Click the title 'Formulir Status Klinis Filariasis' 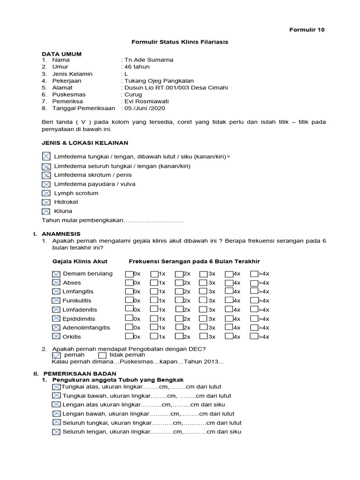pos(180,42)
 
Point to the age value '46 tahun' pos(136,67)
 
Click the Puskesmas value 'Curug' pos(133,94)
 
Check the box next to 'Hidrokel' pos(46,202)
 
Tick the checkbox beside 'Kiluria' pos(46,211)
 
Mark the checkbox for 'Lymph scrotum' pos(46,193)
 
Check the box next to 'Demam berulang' pos(56,274)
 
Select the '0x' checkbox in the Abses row pos(129,283)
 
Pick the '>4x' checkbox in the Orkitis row pos(254,336)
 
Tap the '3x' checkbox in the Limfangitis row pos(203,292)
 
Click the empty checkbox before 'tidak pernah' pos(102,355)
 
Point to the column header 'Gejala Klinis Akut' pos(80,261)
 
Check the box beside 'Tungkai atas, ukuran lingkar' pos(56,387)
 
